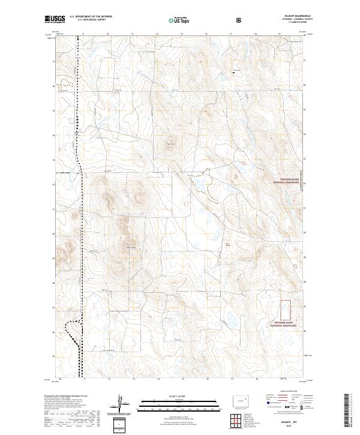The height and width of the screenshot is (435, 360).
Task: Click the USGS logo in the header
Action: (x=55, y=20)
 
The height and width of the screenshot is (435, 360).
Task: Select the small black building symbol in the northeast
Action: (x=235, y=72)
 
